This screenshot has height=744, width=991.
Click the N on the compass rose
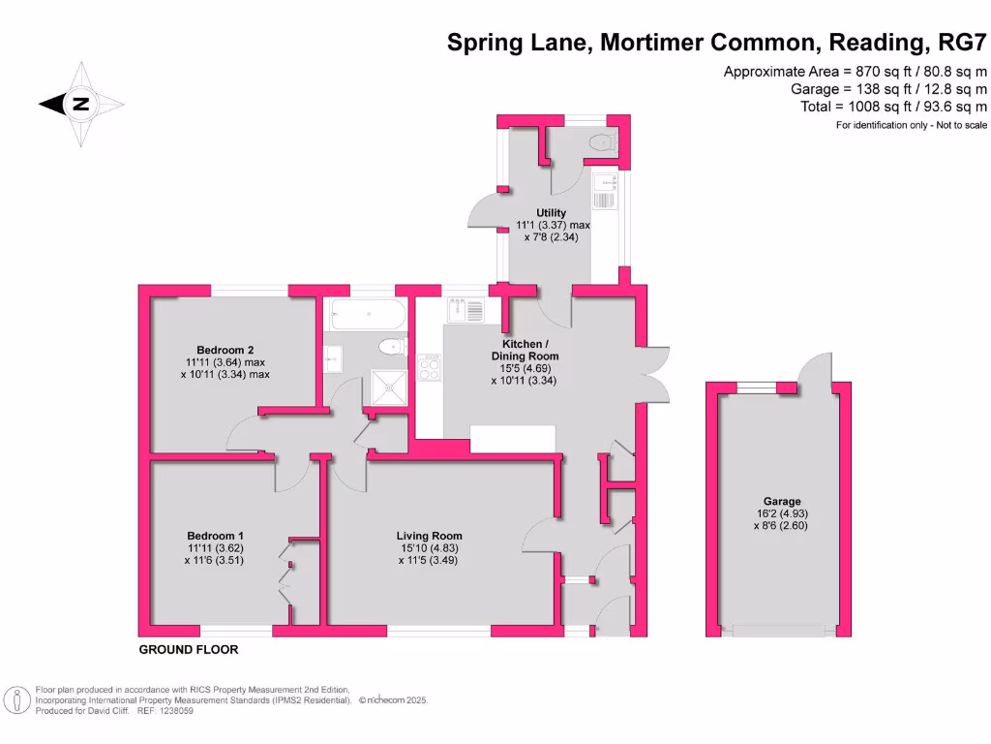coord(81,104)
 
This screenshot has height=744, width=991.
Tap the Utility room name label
coord(552,212)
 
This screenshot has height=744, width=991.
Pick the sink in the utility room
coord(604,192)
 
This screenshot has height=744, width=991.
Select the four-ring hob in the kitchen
coord(429,368)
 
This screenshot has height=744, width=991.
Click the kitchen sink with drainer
coord(465,312)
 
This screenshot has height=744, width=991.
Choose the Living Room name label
coord(429,536)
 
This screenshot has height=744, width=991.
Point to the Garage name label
coord(780,502)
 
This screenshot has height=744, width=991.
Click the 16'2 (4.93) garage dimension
coord(780,513)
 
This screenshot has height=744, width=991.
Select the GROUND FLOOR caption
coord(189,650)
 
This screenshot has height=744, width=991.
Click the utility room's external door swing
coord(481,211)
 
